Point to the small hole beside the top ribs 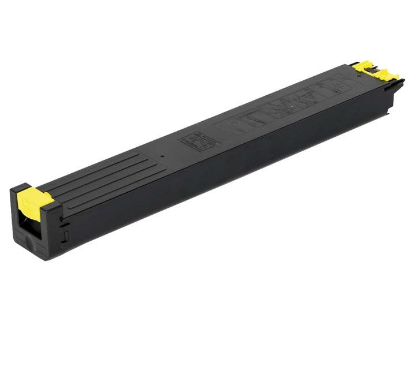coord(163,156)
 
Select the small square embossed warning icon coord(193,140)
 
